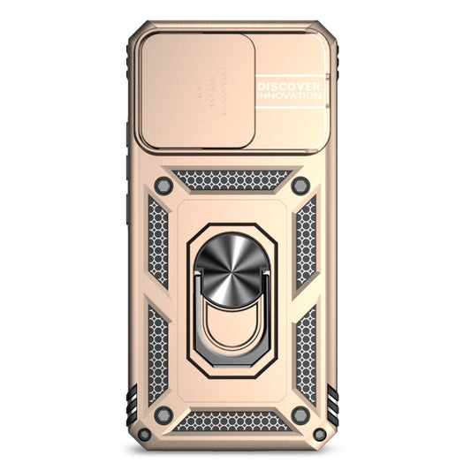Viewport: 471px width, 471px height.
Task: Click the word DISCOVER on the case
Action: [289, 87]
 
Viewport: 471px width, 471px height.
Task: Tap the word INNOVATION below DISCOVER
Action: [289, 99]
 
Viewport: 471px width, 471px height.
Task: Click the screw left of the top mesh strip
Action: [163, 186]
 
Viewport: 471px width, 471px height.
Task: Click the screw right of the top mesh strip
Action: [300, 186]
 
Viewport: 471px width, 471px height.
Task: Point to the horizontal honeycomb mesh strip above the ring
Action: [232, 180]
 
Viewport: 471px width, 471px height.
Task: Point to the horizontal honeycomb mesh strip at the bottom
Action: [232, 422]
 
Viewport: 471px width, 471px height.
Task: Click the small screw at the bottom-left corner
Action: [144, 434]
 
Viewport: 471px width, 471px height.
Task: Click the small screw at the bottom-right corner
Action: [320, 434]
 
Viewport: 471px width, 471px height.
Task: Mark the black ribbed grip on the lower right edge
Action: [333, 406]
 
